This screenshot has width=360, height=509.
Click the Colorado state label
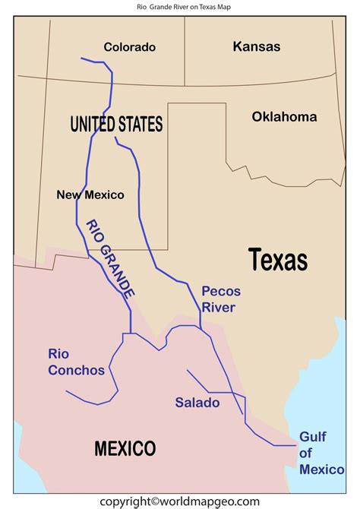129,47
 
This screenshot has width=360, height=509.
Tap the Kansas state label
256,46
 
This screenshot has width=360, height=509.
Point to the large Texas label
278,260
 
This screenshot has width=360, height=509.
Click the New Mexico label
90,195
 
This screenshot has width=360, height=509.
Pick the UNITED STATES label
116,124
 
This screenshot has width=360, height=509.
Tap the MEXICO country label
125,448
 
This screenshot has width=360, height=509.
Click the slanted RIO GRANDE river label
109,267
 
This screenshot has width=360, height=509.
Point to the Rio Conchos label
76,362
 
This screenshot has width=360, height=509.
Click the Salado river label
197,403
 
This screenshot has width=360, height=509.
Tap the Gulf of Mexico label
321,454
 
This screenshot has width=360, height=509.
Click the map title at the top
179,7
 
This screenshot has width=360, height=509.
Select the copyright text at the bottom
179,501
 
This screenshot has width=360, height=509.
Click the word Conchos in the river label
76,370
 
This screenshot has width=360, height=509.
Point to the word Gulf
312,437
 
